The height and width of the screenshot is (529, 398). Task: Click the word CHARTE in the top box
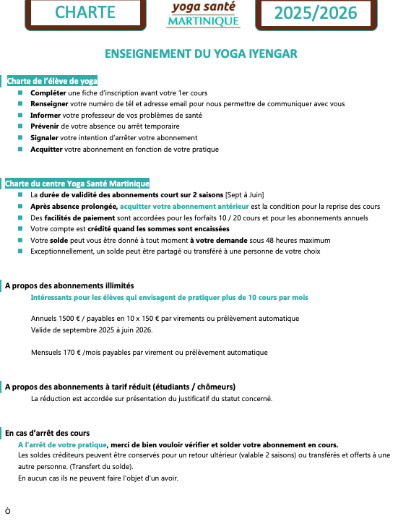point(85,12)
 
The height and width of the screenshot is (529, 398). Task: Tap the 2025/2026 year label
point(316,13)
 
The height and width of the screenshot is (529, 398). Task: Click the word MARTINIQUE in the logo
point(204,21)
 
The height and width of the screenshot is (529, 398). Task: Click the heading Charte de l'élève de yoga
point(52,81)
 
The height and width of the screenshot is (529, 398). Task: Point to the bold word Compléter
point(48,93)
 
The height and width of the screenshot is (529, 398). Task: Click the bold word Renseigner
point(49,104)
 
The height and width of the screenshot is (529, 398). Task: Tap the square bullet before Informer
point(20,115)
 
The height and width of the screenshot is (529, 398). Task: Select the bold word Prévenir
point(45,126)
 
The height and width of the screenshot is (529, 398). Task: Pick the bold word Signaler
point(44,137)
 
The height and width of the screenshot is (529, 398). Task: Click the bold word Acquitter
point(46,149)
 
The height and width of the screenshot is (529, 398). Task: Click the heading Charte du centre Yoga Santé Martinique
point(77,184)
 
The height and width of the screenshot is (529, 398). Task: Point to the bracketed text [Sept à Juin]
point(245,195)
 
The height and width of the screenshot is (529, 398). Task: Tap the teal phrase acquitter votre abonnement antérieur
point(184,206)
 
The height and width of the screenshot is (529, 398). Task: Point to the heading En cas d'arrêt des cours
point(47,433)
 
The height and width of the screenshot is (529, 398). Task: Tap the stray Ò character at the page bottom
point(8,511)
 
